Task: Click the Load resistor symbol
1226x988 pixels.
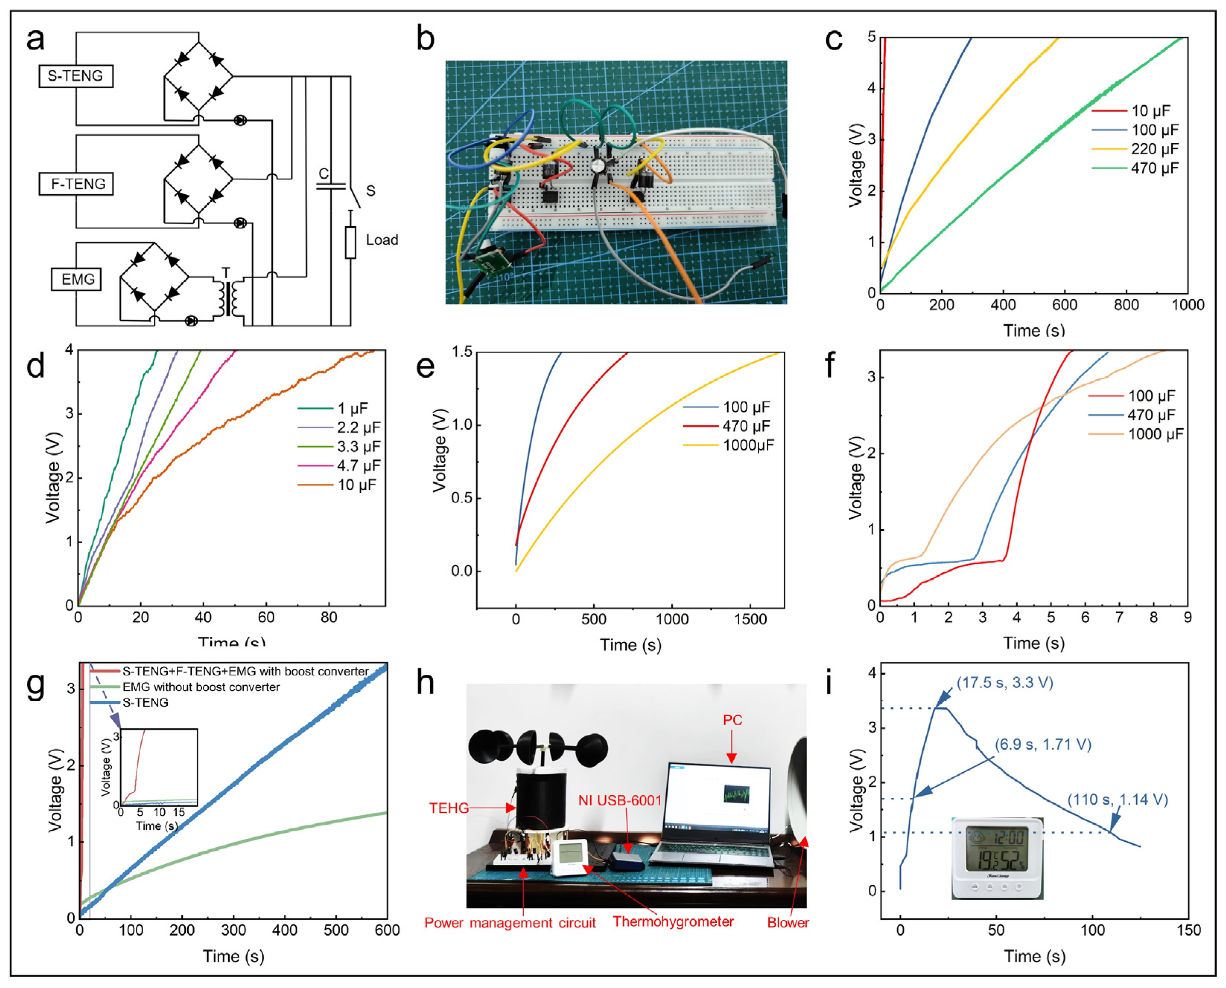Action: (x=351, y=243)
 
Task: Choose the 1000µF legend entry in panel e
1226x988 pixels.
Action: (x=748, y=445)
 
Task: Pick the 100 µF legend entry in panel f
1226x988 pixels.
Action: (x=1151, y=396)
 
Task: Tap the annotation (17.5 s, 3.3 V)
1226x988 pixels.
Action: (x=1005, y=682)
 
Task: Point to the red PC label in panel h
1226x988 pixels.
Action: (x=732, y=720)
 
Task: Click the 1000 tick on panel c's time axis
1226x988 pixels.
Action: (x=1187, y=305)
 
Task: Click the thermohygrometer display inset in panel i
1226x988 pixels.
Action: (x=997, y=858)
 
